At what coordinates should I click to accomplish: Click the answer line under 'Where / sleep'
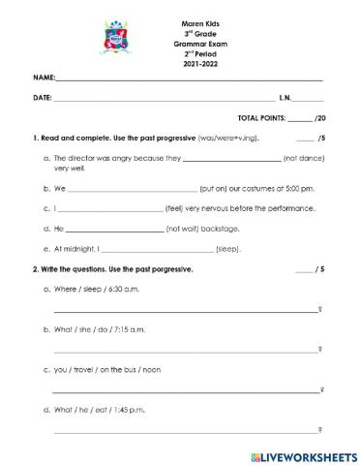tap(184, 310)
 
